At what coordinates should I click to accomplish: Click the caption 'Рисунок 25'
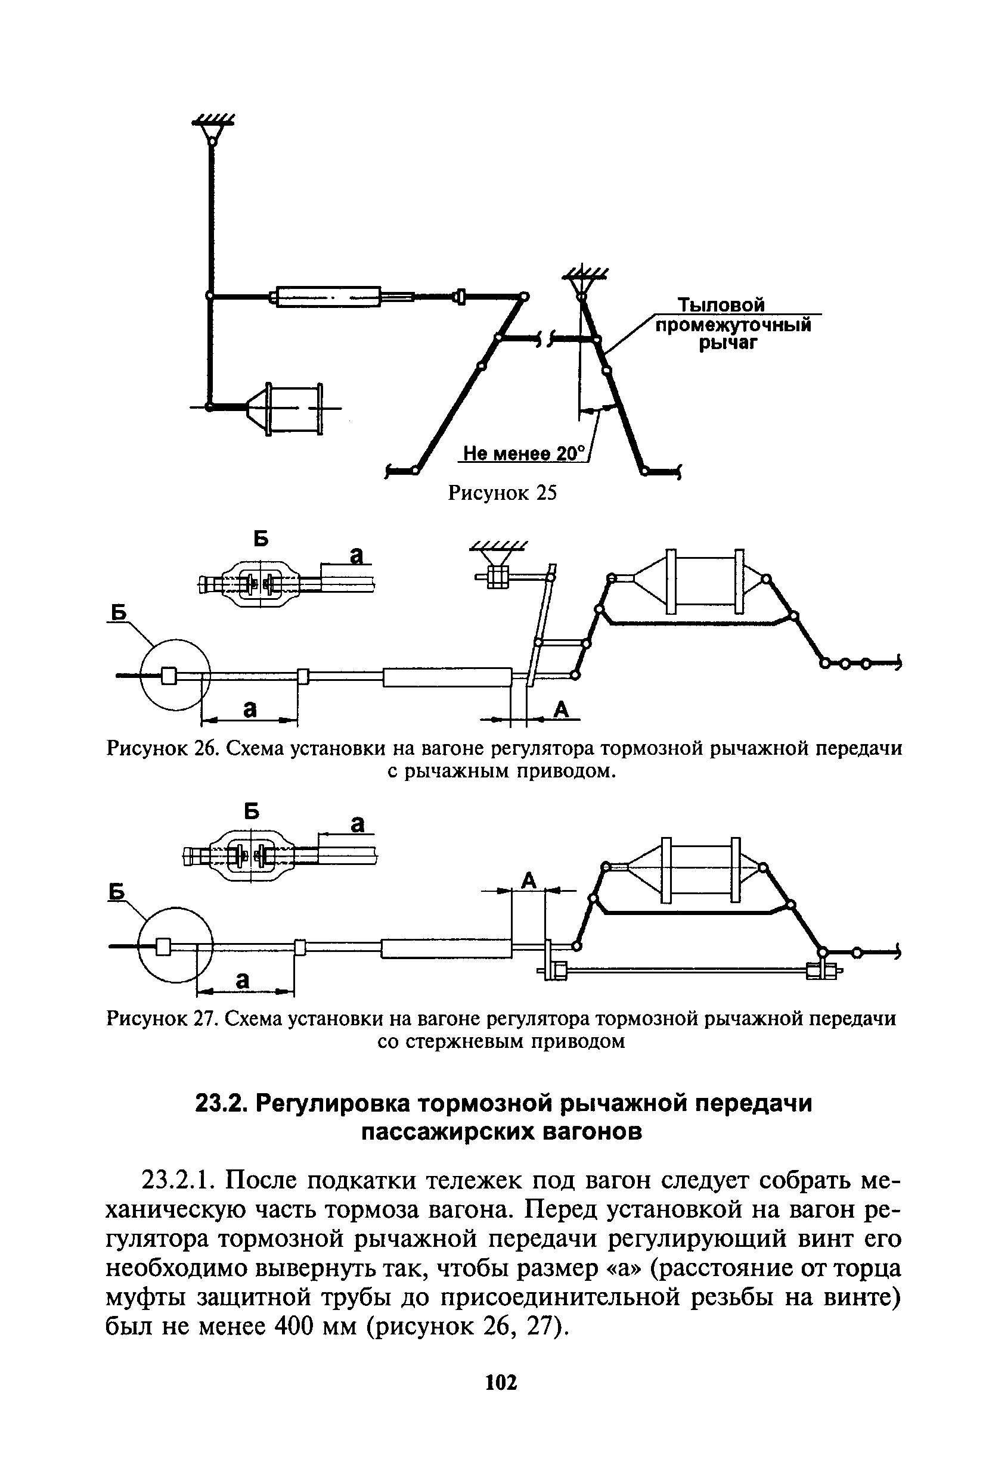tap(502, 493)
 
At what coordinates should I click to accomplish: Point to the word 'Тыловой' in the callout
tap(721, 306)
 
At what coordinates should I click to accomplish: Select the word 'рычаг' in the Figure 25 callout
tap(729, 343)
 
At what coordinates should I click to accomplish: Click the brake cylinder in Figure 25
tap(294, 408)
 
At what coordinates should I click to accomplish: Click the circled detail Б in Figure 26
tap(173, 674)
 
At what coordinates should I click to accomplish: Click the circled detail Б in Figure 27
tap(176, 944)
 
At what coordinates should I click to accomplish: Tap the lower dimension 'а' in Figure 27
tap(242, 978)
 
